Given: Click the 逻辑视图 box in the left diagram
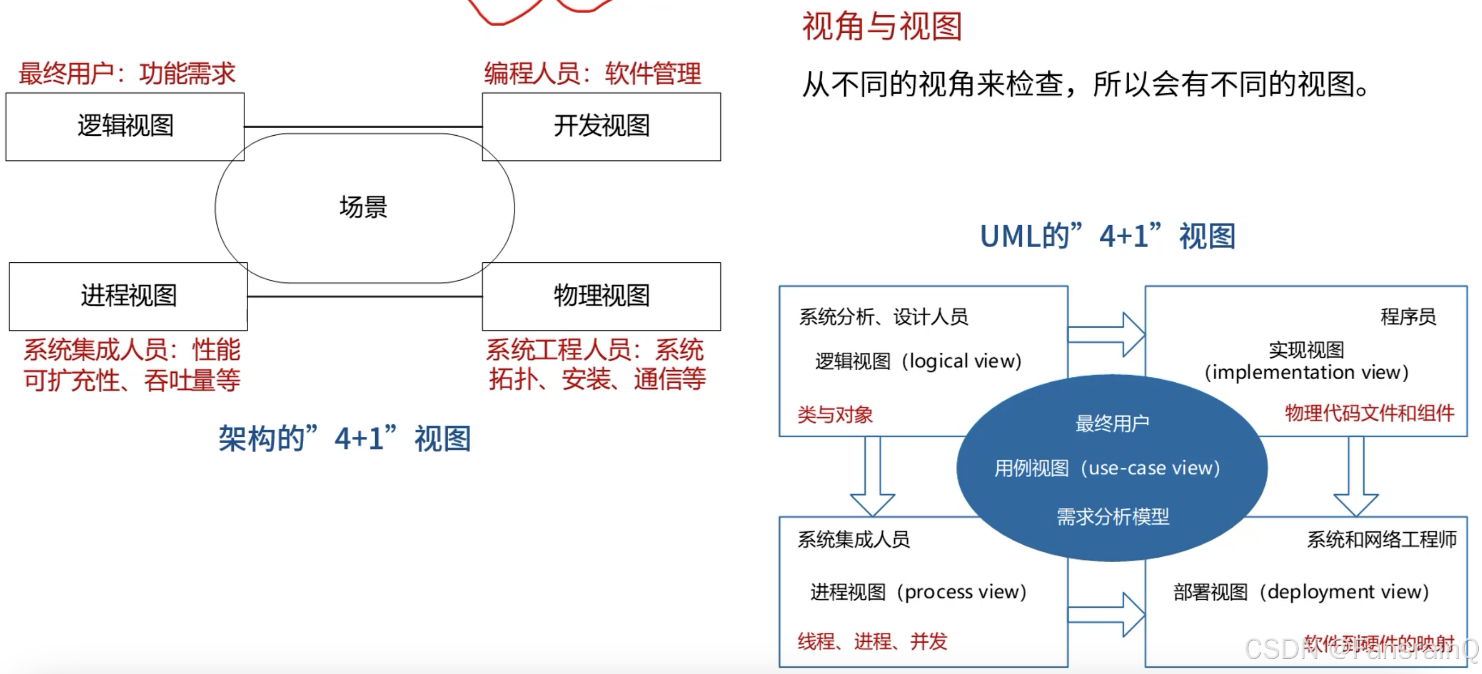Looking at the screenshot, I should [125, 126].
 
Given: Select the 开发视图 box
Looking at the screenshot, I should [601, 126].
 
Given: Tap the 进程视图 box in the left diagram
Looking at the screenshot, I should [128, 296].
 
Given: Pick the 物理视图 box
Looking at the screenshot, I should [601, 296].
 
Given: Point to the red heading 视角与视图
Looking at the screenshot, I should [882, 27].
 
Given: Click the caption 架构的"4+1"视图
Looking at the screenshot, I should [345, 438].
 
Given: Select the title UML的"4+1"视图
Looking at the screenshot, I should [1107, 236].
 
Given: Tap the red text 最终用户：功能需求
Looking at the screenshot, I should [127, 74].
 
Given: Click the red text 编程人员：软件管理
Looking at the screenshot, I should [593, 74].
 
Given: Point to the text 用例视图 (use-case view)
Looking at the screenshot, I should [1107, 468].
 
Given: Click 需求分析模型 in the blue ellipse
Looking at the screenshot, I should [1113, 516].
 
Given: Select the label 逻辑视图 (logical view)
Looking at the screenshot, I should [918, 362].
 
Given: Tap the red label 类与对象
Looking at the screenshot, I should [835, 414].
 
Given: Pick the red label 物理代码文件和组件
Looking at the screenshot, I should [1369, 413].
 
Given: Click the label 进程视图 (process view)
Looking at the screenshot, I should [918, 592].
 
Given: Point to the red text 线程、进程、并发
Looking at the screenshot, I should [872, 641].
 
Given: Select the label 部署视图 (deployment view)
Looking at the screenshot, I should [1302, 592].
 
